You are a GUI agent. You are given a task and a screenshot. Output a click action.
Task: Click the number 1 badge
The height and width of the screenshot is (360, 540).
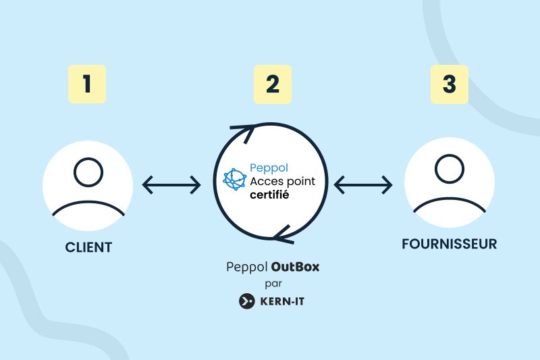87,84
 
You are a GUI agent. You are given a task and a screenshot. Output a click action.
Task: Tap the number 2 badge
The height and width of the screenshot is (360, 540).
272,84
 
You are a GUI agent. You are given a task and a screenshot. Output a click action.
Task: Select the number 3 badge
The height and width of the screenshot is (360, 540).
450,84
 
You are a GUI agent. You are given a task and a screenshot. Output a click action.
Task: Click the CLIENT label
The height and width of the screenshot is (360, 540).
88,247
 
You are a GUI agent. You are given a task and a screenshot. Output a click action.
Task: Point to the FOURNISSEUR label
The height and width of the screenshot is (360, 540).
449,243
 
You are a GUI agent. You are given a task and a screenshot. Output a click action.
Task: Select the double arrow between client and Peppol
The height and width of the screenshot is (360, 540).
171,184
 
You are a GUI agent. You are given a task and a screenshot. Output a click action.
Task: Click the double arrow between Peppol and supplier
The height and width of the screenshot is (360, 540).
363,184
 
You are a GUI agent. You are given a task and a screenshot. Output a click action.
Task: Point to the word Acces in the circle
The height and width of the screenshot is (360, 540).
267,181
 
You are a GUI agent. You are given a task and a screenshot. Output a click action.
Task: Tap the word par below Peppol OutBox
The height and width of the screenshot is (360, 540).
273,284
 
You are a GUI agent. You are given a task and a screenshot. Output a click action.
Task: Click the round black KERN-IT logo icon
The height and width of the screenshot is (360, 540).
246,301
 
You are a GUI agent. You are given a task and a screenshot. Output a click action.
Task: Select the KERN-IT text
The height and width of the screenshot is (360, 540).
283,301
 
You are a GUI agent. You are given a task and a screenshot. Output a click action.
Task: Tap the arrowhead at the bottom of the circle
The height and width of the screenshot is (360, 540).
284,236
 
